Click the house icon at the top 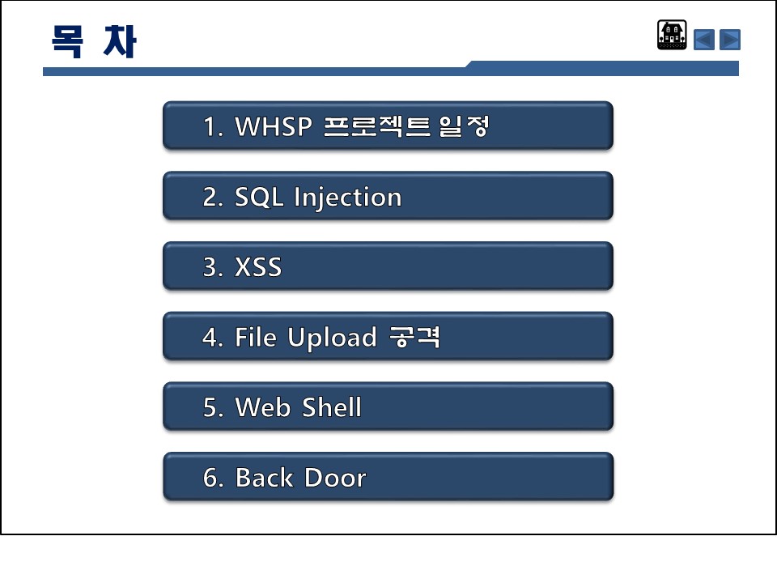[672, 35]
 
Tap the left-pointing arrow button [703, 40]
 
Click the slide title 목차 [94, 41]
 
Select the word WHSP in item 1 [274, 126]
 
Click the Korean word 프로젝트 [377, 126]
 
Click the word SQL [259, 197]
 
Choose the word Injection [347, 198]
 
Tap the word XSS [258, 267]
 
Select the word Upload [332, 338]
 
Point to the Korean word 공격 [414, 337]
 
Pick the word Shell [332, 407]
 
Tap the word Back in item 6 [264, 478]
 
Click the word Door [335, 478]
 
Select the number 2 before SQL [210, 198]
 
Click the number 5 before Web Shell [210, 408]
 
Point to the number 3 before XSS [210, 268]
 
